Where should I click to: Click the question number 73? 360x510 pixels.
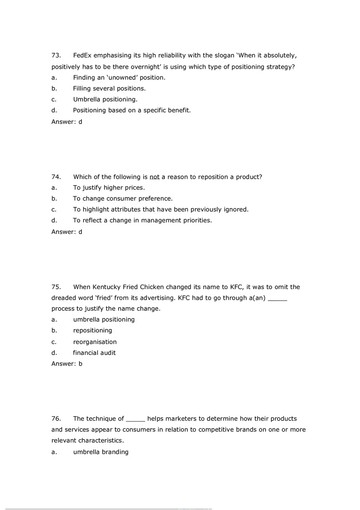(x=56, y=55)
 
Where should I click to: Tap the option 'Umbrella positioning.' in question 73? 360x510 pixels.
(x=105, y=99)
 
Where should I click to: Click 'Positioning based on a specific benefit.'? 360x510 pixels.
(x=132, y=110)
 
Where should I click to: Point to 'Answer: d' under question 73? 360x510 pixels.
(x=67, y=121)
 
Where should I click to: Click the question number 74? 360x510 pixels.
(x=56, y=177)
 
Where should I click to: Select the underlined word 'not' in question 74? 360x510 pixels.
(x=154, y=177)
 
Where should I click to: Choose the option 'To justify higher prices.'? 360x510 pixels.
(x=109, y=188)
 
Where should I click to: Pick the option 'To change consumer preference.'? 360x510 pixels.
(x=123, y=199)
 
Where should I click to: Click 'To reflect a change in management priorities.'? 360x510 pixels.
(x=142, y=220)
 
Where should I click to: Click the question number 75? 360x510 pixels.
(x=56, y=287)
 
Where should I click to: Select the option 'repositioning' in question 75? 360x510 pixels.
(x=92, y=330)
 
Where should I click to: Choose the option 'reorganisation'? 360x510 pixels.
(x=95, y=342)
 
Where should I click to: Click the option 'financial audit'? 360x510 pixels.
(x=94, y=353)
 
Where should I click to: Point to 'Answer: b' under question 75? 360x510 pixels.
(x=67, y=364)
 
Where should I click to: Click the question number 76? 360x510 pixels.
(x=56, y=419)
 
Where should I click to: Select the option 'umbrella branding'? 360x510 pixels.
(x=101, y=452)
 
